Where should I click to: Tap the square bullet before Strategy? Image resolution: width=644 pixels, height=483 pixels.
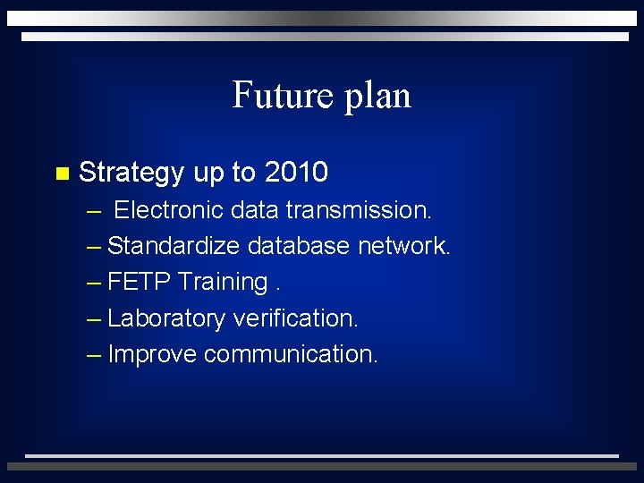61,173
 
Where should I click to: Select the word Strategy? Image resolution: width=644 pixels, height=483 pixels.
131,173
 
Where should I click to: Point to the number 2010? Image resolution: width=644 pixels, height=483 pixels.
296,172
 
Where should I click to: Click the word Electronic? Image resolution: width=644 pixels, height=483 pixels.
168,210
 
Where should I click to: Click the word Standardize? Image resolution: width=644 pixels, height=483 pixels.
174,246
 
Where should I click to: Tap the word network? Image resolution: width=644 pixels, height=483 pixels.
404,246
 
